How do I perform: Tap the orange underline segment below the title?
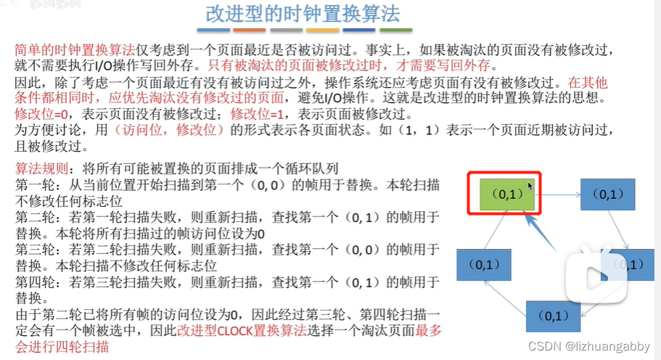[x=248, y=31]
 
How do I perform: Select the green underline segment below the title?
[x=396, y=31]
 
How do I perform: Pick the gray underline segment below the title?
[x=287, y=31]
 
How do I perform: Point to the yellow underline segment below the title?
[x=323, y=31]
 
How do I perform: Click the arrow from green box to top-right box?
[x=559, y=195]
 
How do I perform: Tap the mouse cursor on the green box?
[x=530, y=187]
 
